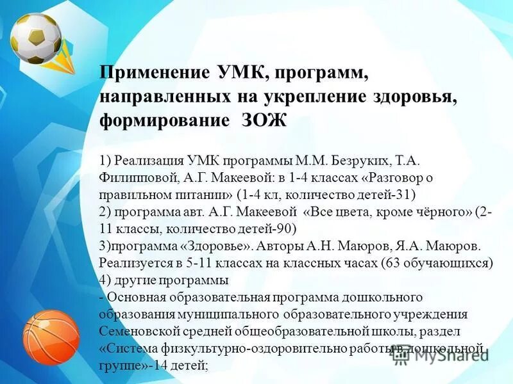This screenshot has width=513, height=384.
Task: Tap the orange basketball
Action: pyautogui.click(x=51, y=335)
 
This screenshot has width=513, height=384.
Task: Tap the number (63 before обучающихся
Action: pyautogui.click(x=393, y=263)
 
